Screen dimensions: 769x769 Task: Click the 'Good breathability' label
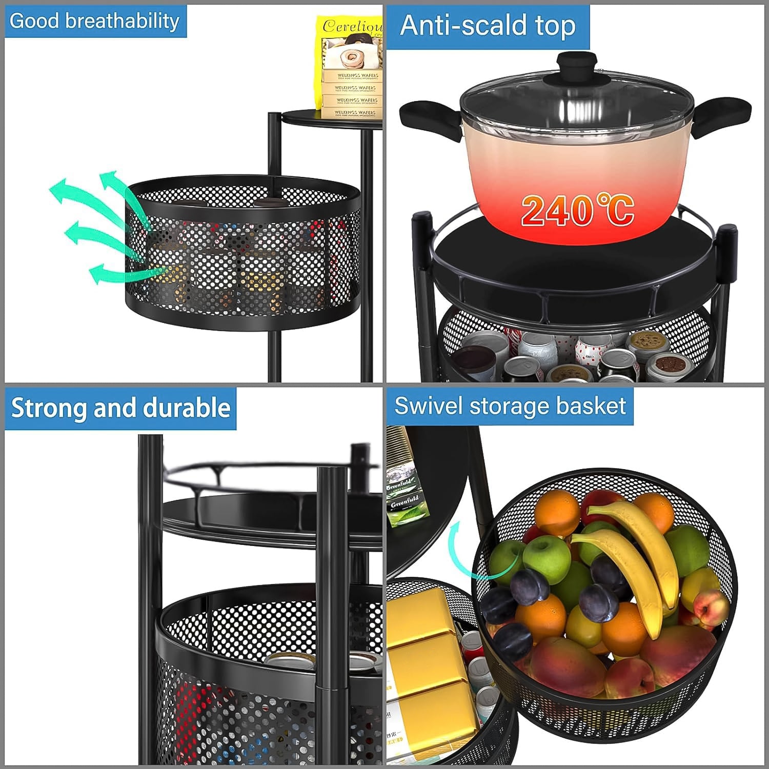(x=95, y=21)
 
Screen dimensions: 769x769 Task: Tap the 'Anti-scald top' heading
(x=488, y=26)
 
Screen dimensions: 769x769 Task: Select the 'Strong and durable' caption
(x=120, y=409)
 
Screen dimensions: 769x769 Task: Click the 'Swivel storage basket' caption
(x=510, y=406)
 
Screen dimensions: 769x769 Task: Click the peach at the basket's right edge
(x=713, y=610)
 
